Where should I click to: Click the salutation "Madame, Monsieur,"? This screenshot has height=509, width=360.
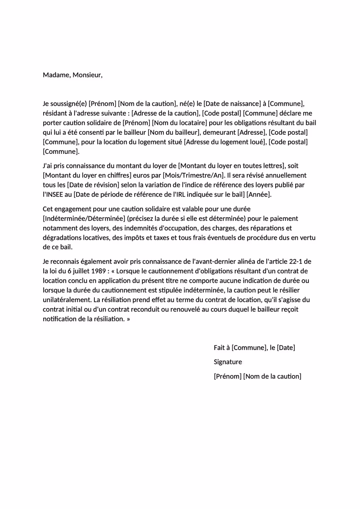click(x=72, y=75)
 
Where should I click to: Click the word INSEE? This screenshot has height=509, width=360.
click(x=54, y=194)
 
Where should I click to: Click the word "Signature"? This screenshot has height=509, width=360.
click(x=228, y=362)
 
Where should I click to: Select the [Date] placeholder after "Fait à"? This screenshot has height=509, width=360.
click(x=286, y=348)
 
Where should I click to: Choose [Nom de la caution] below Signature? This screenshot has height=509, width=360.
click(x=272, y=376)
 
